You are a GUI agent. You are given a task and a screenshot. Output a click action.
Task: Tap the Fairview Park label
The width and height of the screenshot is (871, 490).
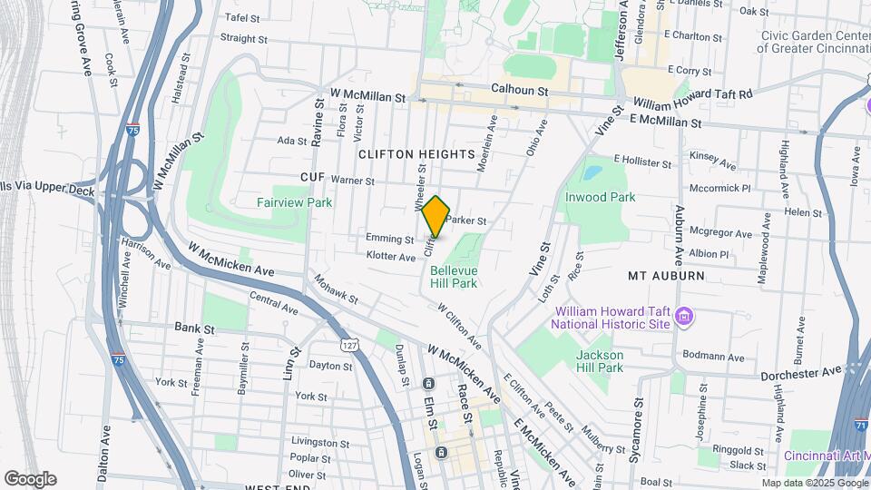tap(294, 203)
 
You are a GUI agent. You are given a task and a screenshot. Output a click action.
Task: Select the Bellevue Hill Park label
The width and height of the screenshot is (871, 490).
tap(454, 277)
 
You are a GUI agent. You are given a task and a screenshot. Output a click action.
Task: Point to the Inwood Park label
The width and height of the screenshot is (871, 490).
tap(600, 197)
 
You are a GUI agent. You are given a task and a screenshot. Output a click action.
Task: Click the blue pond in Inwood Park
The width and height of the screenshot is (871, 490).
tap(592, 171)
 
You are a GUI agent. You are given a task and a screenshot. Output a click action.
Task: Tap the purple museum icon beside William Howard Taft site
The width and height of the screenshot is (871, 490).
tap(685, 318)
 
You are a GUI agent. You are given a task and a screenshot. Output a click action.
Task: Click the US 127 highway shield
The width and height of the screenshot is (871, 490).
tap(348, 345)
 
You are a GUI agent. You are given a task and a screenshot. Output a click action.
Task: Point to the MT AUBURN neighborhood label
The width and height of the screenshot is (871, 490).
tap(666, 274)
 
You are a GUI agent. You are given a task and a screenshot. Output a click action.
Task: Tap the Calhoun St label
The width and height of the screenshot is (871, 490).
tap(520, 91)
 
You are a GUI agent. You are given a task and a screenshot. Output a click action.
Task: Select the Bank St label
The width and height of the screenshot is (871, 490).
tap(194, 328)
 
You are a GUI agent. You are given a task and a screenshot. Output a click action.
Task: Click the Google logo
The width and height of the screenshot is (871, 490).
tap(30, 478)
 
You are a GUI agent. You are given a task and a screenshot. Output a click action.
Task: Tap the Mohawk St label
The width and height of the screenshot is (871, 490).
tap(336, 289)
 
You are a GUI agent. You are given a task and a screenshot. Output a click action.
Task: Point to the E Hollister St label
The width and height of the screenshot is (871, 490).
tap(641, 164)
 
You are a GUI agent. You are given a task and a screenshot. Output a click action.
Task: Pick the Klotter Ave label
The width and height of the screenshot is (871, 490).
tap(390, 257)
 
